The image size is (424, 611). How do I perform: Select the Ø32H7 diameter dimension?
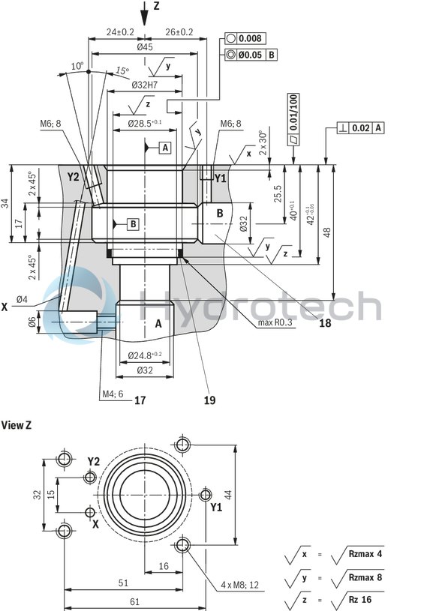(144, 85)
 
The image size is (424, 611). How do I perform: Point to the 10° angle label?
(77, 66)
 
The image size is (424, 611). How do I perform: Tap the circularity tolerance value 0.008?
(250, 38)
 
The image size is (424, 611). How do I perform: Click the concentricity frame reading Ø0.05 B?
(251, 55)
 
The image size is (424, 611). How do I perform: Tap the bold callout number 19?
(209, 400)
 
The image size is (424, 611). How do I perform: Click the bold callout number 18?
(324, 323)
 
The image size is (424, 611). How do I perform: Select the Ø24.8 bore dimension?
(144, 355)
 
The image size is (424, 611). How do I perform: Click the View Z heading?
(17, 425)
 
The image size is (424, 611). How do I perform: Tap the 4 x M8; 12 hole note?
(239, 583)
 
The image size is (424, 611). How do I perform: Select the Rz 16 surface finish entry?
(361, 600)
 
